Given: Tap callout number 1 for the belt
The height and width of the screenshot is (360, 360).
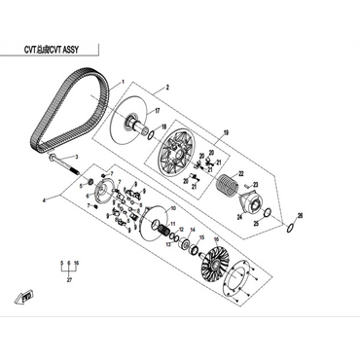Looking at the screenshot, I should (124, 83).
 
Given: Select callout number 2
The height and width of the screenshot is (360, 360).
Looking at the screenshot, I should (166, 88).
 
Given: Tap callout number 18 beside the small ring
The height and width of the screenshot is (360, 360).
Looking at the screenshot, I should (163, 126).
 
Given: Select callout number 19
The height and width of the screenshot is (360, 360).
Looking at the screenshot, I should (225, 132).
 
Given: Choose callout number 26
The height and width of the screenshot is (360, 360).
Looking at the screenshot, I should (301, 215).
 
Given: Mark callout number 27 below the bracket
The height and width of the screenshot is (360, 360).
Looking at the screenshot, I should (68, 280).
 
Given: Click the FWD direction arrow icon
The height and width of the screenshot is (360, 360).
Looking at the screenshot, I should (30, 296).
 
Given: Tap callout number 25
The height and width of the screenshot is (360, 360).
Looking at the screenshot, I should (257, 223).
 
